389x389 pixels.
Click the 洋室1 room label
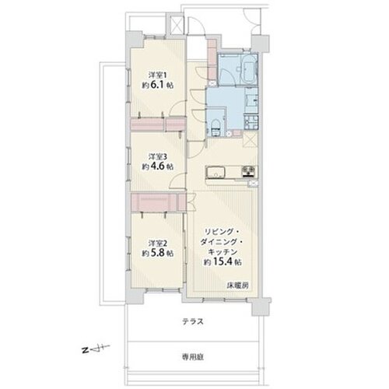click(157, 75)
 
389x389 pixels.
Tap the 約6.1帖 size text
click(157, 85)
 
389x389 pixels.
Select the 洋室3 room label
click(157, 156)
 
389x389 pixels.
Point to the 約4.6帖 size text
click(157, 166)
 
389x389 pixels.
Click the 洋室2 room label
click(157, 244)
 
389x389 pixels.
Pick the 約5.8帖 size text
click(157, 253)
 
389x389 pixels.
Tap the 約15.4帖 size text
click(223, 262)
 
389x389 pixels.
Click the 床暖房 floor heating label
click(238, 286)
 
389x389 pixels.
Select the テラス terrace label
click(193, 322)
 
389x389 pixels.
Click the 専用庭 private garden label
click(193, 357)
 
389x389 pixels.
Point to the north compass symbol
click(96, 349)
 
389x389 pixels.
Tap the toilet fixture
click(216, 128)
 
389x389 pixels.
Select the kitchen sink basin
click(216, 172)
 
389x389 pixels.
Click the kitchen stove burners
click(248, 171)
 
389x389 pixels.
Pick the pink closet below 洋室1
click(158, 124)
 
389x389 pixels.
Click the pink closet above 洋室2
click(159, 202)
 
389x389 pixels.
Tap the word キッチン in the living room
click(223, 251)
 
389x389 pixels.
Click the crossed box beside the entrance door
click(177, 26)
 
